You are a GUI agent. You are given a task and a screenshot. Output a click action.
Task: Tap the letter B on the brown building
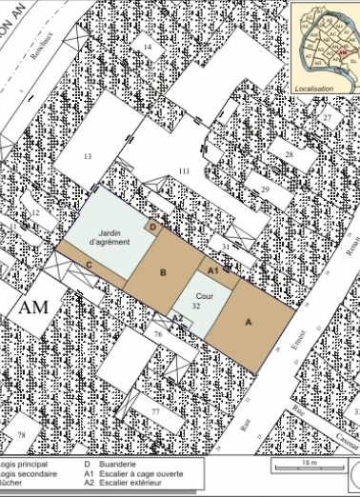[x=163, y=273]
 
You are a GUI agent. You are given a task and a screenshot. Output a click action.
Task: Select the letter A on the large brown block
[x=249, y=323]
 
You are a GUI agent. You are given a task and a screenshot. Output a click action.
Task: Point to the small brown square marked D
[x=154, y=228]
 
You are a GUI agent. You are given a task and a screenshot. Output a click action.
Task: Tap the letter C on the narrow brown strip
[x=89, y=264]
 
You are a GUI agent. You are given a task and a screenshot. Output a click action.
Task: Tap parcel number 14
[x=148, y=47]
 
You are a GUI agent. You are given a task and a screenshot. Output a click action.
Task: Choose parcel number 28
[x=288, y=154]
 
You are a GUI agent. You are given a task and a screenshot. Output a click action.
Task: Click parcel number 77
[x=154, y=411]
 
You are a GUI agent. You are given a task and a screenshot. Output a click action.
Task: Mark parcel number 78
[x=20, y=434]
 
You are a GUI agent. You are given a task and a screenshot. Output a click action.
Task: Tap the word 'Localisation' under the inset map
[x=321, y=86]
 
